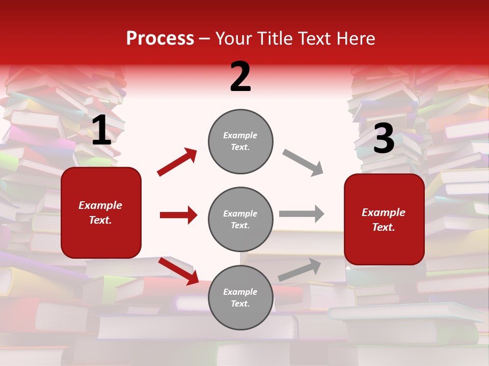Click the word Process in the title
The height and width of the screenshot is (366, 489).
click(x=160, y=39)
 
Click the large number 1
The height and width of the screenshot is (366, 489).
click(x=101, y=131)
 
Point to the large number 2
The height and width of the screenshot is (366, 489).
click(x=240, y=77)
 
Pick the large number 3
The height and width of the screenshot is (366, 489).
click(x=384, y=139)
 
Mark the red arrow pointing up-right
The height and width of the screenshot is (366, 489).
click(x=177, y=162)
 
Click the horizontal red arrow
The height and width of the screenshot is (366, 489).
click(x=178, y=215)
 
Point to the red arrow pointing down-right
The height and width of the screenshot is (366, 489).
click(x=178, y=271)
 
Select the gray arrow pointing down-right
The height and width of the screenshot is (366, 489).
click(x=303, y=162)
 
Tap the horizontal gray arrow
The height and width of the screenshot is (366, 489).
click(x=302, y=213)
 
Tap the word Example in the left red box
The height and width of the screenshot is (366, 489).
click(x=100, y=205)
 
